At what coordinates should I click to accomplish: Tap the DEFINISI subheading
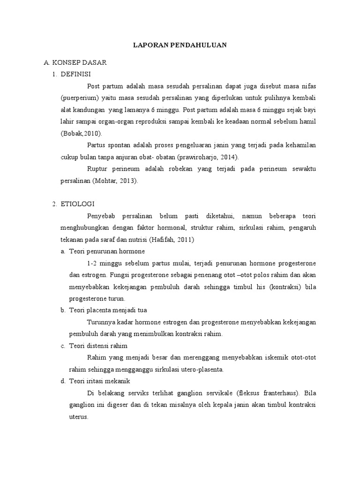(76, 74)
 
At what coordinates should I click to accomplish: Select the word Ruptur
(97, 169)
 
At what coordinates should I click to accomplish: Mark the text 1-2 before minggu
(93, 263)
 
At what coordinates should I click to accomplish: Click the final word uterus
(75, 417)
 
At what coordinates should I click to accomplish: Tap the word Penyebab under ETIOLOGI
(101, 216)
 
